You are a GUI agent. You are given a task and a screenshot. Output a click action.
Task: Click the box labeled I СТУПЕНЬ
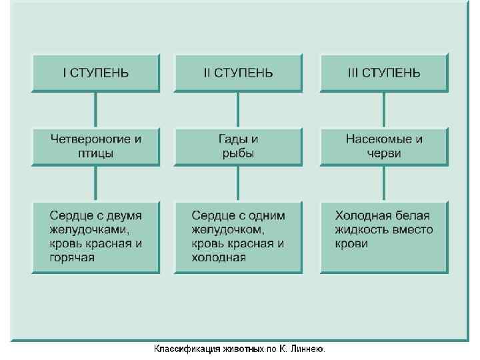coord(96,73)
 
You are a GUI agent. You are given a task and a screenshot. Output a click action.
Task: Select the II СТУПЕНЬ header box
coord(238,73)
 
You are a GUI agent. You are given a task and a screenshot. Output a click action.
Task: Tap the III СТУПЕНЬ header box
coord(383,73)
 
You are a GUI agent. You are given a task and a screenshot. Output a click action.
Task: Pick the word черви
coord(383,153)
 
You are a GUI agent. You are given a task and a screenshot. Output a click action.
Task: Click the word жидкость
coord(363,230)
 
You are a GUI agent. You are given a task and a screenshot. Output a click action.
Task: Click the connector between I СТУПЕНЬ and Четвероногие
coord(96,109)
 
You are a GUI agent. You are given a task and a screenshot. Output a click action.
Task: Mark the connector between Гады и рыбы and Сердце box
coord(238,183)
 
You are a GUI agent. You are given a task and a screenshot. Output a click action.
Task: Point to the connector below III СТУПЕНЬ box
coord(383,109)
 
